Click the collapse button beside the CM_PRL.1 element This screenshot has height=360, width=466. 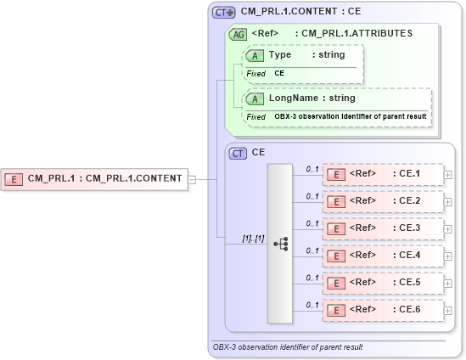(192, 179)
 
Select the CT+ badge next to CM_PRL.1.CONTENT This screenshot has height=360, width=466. (224, 13)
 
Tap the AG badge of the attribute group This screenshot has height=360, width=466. (239, 34)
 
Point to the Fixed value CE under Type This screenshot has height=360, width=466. (279, 74)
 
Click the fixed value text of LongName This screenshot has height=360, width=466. (350, 116)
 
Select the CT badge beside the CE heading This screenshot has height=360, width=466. (239, 154)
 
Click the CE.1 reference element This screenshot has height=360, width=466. (383, 175)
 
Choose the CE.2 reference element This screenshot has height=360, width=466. (383, 202)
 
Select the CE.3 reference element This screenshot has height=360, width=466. (383, 228)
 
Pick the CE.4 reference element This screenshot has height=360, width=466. (383, 256)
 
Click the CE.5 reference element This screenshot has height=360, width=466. (383, 283)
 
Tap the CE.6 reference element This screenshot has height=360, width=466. (383, 310)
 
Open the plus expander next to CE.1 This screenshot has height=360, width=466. (448, 176)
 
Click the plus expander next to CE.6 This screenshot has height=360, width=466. (448, 311)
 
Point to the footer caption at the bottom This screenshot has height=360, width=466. (288, 347)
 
